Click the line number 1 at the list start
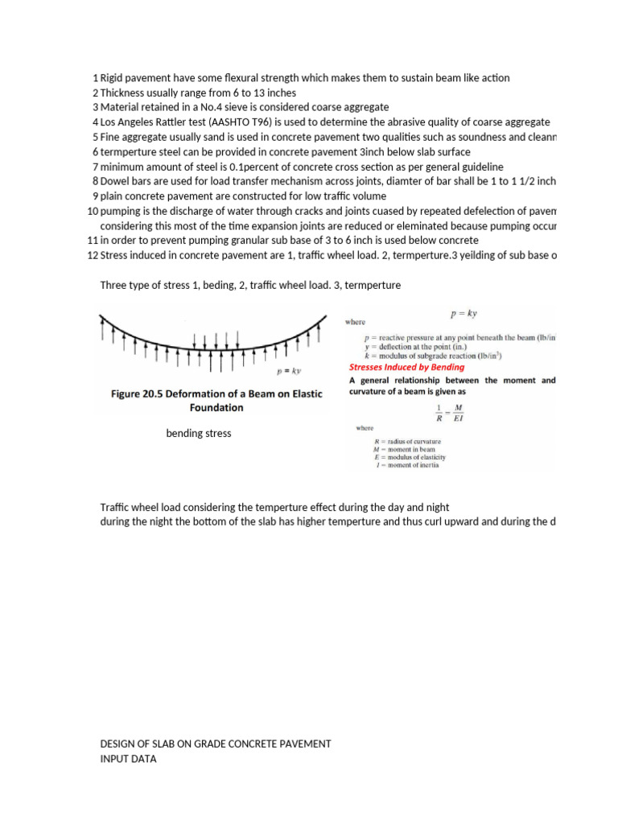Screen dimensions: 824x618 95,78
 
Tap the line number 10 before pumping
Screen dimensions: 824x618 92,211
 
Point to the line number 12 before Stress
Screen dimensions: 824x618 92,255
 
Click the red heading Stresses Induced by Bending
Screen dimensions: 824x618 406,367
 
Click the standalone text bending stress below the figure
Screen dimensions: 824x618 198,434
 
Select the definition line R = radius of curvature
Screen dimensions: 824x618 407,441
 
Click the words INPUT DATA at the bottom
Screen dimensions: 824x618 128,759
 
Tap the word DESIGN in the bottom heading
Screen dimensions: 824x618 117,744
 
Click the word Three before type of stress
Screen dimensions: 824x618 114,285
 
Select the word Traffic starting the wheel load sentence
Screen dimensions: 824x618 115,507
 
